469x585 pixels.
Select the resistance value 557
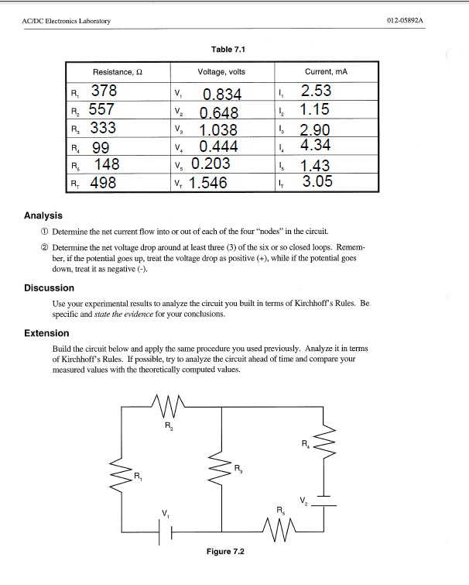click(x=103, y=110)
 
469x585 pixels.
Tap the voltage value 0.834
click(x=222, y=95)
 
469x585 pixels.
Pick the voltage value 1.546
click(x=208, y=183)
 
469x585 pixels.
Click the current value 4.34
click(x=316, y=145)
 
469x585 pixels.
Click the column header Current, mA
click(x=326, y=71)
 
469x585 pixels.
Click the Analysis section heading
click(x=43, y=215)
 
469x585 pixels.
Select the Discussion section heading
click(x=50, y=288)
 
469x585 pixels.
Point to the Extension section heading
click(x=47, y=333)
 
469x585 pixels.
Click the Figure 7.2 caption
click(x=225, y=551)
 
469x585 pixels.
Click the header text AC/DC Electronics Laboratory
click(x=67, y=20)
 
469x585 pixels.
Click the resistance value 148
click(x=107, y=164)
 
